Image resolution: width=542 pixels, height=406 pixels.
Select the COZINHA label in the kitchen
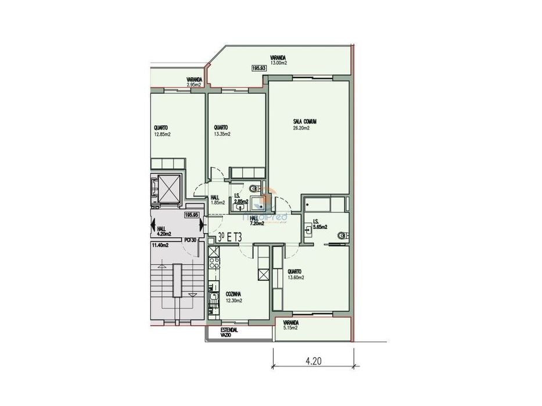click(234, 295)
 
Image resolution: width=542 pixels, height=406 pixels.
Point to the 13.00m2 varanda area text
click(278, 63)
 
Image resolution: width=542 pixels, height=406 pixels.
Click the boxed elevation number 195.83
click(259, 68)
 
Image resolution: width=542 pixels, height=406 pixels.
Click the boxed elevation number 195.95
click(192, 215)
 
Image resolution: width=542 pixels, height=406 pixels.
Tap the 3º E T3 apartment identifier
click(230, 237)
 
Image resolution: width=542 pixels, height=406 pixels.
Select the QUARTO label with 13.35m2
click(221, 128)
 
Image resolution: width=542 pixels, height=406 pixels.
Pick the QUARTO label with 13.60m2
click(295, 271)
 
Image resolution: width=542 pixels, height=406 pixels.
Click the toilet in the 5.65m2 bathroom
click(343, 235)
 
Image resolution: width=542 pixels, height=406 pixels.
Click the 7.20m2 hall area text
click(257, 223)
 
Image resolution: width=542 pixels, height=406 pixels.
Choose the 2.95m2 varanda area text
click(193, 85)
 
